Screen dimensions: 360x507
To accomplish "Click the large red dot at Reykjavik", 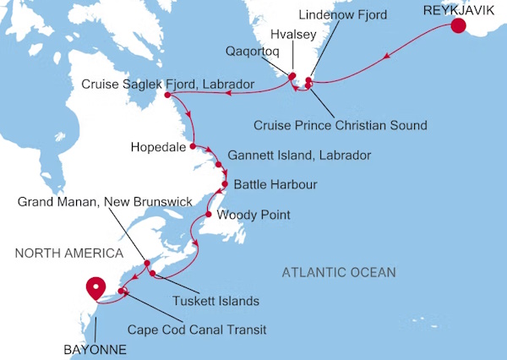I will point(458,25).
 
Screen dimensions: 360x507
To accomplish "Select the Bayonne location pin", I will point(96,288).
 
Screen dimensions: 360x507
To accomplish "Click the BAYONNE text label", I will point(94,347).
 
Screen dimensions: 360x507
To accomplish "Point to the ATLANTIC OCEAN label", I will point(339,271).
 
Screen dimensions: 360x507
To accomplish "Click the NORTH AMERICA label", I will point(68,253).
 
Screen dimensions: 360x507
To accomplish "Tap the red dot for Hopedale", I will point(193,146).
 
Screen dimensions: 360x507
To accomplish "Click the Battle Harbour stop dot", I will point(225,183).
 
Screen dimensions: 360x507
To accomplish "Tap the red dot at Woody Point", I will point(208,215).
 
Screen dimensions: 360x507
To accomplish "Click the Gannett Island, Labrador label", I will point(299,156).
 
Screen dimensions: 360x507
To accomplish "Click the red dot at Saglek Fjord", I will point(167,95).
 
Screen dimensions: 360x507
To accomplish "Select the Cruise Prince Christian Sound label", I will point(340,125).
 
